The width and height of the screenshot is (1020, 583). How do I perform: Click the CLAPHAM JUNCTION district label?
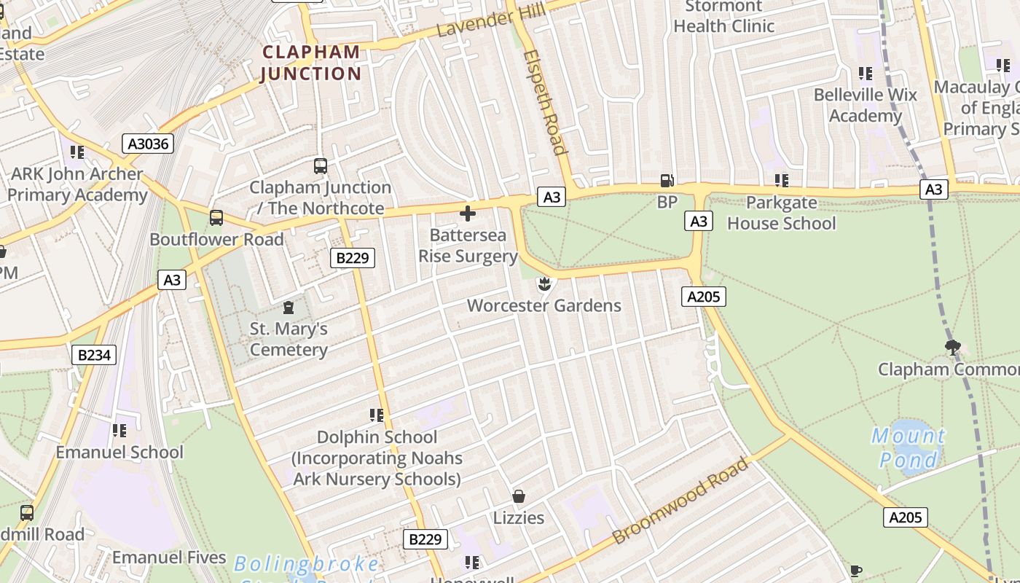311,63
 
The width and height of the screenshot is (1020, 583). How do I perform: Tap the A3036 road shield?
148,144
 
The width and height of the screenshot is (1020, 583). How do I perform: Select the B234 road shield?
94,355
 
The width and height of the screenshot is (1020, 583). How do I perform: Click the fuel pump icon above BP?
667,181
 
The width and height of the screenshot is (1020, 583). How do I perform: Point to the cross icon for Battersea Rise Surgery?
468,214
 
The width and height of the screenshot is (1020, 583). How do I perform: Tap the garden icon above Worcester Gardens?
544,283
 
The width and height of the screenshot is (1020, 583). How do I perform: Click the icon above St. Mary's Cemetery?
289,308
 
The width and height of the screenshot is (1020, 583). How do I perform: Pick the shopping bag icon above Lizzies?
519,496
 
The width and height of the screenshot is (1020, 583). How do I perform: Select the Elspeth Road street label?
545,102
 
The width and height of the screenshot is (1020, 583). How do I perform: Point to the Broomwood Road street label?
680,501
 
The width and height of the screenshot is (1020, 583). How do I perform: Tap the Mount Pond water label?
909,448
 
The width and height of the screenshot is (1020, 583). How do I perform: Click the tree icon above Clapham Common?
952,347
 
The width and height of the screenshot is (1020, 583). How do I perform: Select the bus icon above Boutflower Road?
216,217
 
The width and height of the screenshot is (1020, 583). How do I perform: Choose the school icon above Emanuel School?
119,431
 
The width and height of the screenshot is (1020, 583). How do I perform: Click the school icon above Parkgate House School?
782,180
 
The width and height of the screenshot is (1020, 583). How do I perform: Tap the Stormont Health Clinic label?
723,16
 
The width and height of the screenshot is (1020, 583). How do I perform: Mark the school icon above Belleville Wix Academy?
866,73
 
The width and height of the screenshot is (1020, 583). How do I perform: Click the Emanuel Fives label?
169,557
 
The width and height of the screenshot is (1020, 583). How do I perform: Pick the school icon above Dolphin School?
377,415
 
